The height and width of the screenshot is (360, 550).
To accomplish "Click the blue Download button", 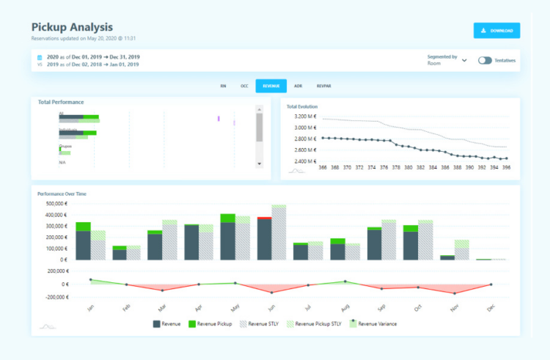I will [x=496, y=30].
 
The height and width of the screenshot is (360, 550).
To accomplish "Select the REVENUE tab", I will [x=271, y=86].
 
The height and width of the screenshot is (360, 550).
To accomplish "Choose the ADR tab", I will [x=298, y=86].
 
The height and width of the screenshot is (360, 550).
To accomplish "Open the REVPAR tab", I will [x=323, y=86].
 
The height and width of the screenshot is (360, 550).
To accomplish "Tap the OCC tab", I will [x=244, y=86].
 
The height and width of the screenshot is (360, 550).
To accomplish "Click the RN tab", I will [x=223, y=86].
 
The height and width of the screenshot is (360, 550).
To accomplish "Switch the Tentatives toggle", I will [x=485, y=60].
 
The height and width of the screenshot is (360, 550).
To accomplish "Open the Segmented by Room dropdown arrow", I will [x=464, y=60].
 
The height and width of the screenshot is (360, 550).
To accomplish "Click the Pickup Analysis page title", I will [x=72, y=26].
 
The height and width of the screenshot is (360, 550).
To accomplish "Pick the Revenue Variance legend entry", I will [x=376, y=323].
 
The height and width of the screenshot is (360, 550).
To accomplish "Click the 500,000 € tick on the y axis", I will [x=56, y=204].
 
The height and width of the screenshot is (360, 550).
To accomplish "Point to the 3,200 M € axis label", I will [x=304, y=117].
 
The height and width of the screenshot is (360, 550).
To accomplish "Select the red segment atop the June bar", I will [x=265, y=218].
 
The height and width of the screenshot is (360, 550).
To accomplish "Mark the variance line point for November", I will [x=455, y=293].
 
